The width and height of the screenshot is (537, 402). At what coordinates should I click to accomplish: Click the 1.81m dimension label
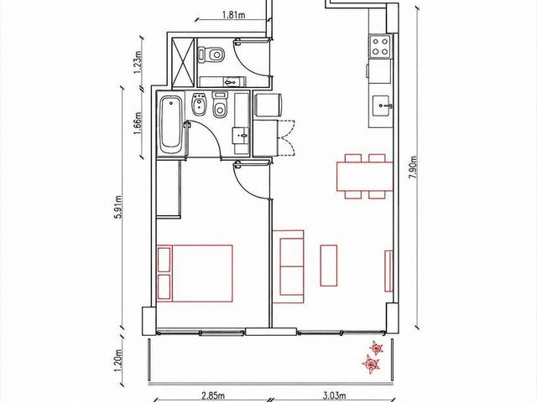[233, 15]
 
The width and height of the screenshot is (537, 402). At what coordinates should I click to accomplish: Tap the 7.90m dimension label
[414, 167]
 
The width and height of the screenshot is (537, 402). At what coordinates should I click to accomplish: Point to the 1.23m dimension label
[138, 62]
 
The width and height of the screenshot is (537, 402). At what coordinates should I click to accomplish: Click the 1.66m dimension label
[138, 123]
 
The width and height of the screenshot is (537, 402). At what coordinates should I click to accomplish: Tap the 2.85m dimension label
[213, 396]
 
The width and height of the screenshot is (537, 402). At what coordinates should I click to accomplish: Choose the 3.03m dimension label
[334, 396]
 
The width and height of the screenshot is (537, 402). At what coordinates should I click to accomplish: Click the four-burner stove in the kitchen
[380, 47]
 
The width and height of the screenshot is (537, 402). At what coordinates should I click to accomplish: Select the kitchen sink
[381, 106]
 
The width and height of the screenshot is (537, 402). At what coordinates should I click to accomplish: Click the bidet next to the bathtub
[198, 104]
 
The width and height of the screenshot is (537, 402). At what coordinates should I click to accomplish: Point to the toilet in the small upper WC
[211, 54]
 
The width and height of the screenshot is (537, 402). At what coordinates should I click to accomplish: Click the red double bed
[195, 274]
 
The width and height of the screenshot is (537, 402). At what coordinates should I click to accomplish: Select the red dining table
[365, 177]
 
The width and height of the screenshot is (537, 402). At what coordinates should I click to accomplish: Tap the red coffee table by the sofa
[328, 265]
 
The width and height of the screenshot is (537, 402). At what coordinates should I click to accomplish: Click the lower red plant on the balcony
[371, 363]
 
